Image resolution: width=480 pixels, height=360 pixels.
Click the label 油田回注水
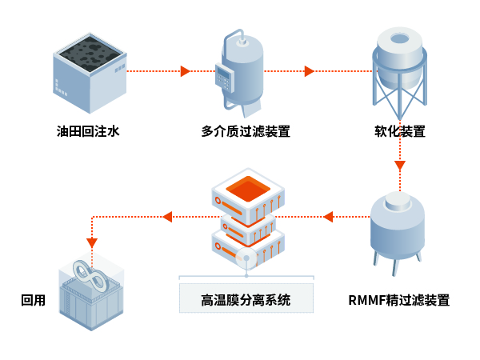pos(87,131)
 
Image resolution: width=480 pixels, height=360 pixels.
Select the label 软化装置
pos(400,131)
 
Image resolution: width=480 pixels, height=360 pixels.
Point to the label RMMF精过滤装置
pos(399,301)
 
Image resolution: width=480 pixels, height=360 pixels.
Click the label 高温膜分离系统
pos(246,301)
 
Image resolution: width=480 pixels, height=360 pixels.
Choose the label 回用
pos(33,301)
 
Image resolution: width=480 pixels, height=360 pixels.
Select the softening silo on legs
pos(400,68)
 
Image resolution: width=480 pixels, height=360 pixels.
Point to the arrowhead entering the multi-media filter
pos(185,71)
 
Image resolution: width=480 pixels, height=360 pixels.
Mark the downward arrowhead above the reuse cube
pos(92,242)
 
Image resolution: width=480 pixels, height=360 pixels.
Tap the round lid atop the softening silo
pos(400,38)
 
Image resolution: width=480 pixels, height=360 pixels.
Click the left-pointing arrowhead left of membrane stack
pos(167,216)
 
